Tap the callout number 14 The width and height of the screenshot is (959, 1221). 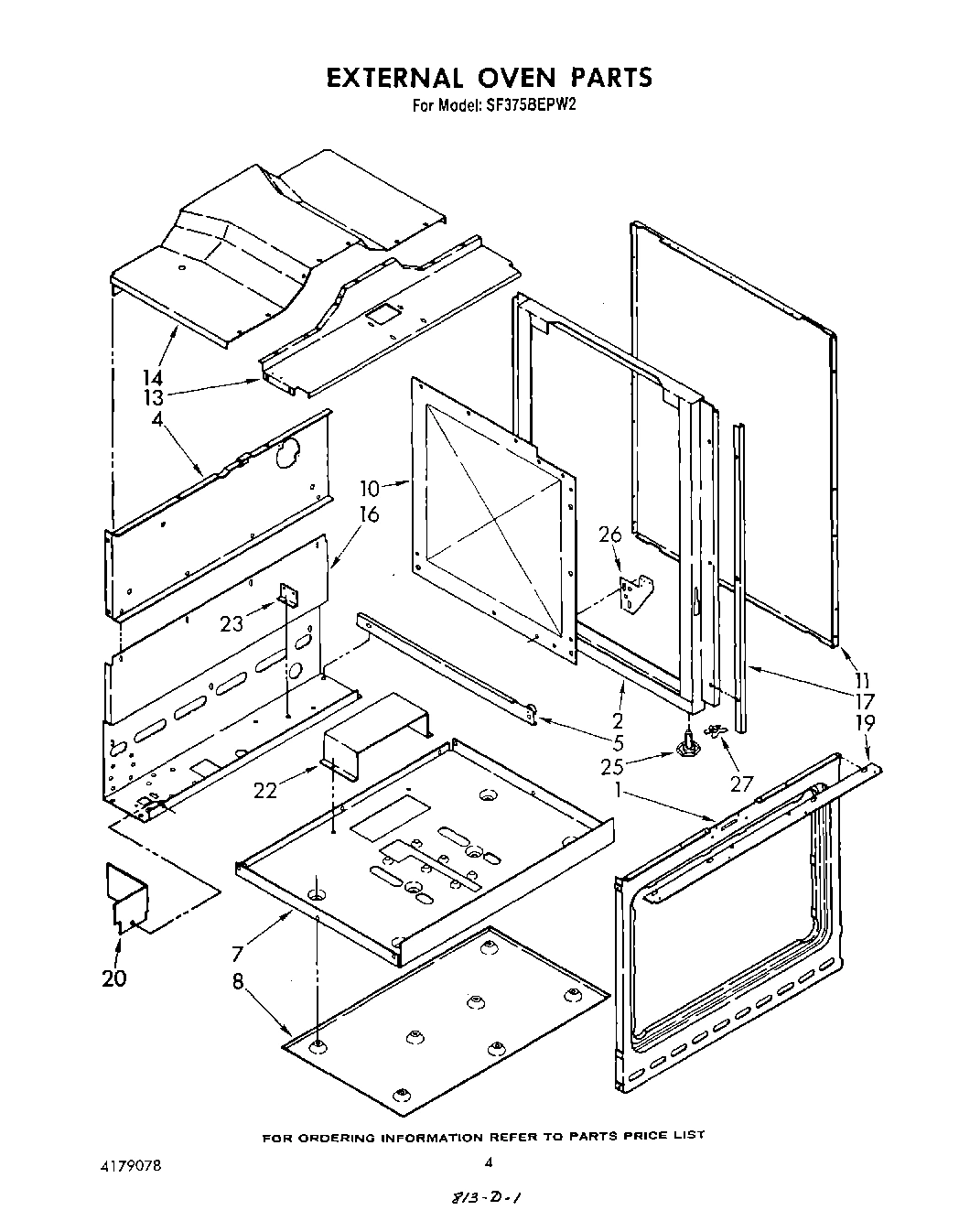[x=152, y=376]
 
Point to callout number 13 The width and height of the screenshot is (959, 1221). [x=152, y=397]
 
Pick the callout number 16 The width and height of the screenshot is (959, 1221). [x=368, y=513]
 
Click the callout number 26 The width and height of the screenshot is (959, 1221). [x=609, y=534]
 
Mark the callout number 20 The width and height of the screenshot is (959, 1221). [x=114, y=978]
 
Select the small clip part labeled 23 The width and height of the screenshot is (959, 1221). [x=289, y=596]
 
